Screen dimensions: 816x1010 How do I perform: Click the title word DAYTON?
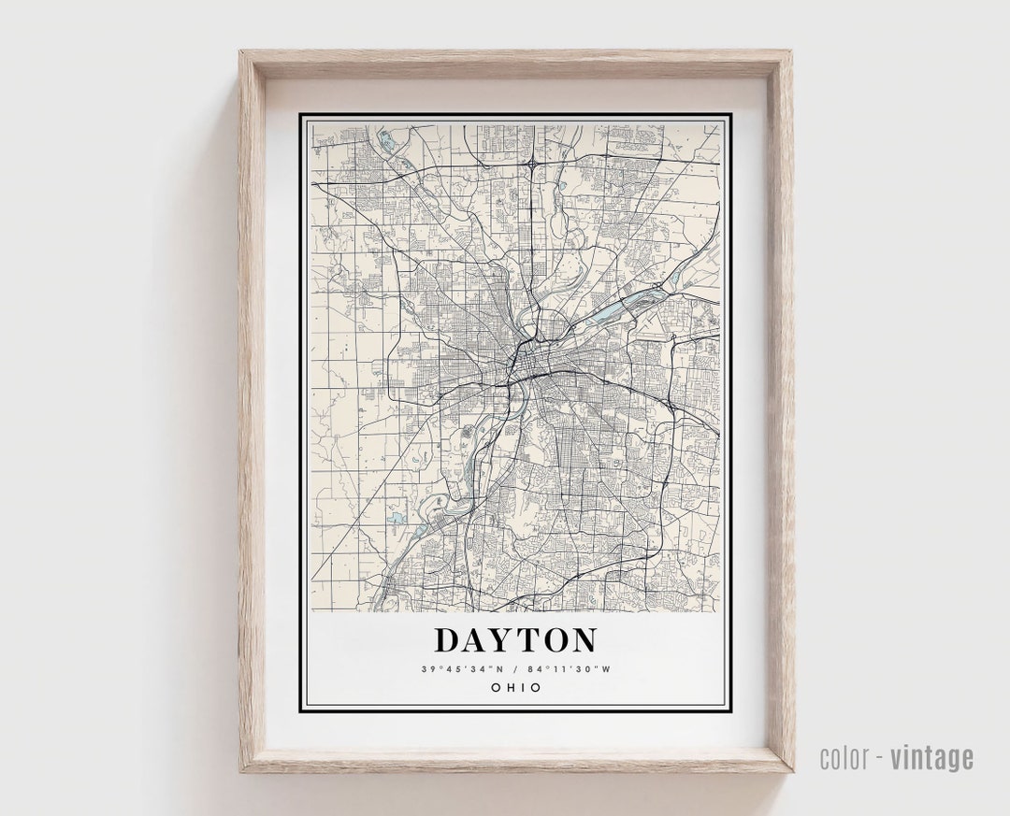coord(515,640)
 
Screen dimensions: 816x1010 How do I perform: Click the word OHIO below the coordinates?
coord(515,688)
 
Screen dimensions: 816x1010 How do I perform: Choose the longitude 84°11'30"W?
coord(570,669)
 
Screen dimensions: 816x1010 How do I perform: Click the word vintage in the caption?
coord(931,757)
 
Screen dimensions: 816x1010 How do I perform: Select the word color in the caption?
coord(845,757)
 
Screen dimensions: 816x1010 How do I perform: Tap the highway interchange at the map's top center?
coord(531,164)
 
